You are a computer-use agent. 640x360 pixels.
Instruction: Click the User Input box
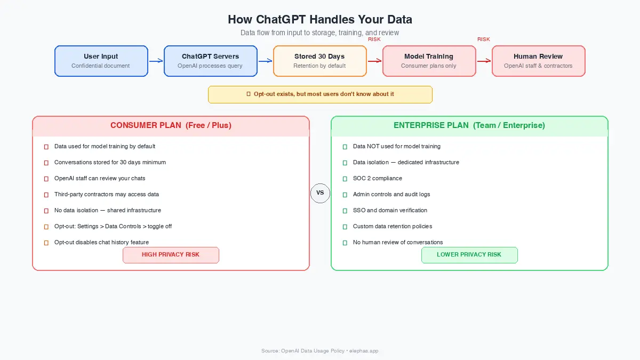coord(101,61)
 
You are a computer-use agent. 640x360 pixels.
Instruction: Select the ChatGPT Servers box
coord(210,61)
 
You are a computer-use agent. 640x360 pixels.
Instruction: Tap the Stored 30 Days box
coord(319,61)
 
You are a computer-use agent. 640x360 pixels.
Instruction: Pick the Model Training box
coord(429,61)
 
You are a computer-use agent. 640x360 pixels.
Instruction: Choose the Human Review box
coord(538,61)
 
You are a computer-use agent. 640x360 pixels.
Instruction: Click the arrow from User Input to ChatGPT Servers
coord(156,61)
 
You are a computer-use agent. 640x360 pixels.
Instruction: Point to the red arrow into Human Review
coord(484,61)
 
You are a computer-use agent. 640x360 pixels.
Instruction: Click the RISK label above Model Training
coord(374,39)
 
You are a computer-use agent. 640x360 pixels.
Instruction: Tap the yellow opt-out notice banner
coord(320,94)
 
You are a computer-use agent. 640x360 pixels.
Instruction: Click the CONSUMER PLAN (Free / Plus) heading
coord(171,126)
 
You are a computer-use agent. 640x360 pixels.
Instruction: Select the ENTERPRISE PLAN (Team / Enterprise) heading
coord(469,126)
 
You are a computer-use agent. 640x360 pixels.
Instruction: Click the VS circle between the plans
coord(320,193)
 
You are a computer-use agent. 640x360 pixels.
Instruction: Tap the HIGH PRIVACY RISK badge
coord(171,255)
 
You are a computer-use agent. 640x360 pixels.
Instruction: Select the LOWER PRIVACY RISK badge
coord(469,255)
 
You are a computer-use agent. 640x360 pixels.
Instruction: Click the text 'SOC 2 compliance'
coord(378,178)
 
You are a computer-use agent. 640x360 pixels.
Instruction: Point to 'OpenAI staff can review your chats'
coord(100,178)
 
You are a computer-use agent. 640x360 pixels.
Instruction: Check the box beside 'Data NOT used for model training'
coord(345,147)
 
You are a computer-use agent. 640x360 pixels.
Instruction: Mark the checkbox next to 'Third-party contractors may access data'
coord(46,195)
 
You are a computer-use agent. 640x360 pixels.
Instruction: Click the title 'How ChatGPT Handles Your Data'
coord(320,20)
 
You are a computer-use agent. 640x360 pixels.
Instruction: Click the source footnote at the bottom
coord(320,351)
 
